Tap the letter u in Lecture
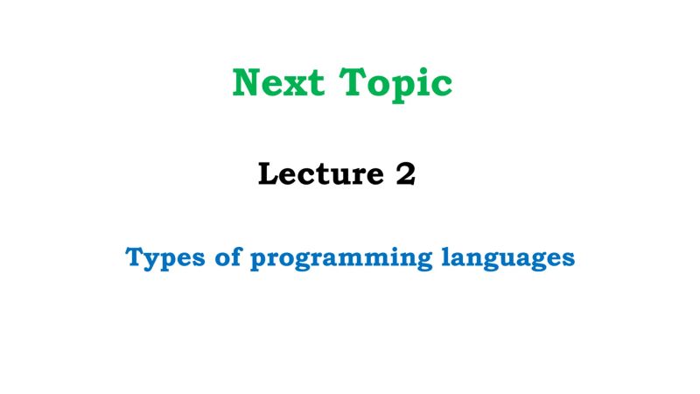coord(339,178)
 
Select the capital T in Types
coord(135,257)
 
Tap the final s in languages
coord(569,260)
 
